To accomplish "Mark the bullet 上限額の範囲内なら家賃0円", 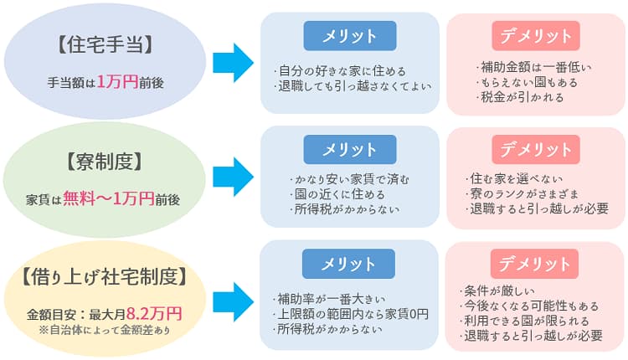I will (351, 314).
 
